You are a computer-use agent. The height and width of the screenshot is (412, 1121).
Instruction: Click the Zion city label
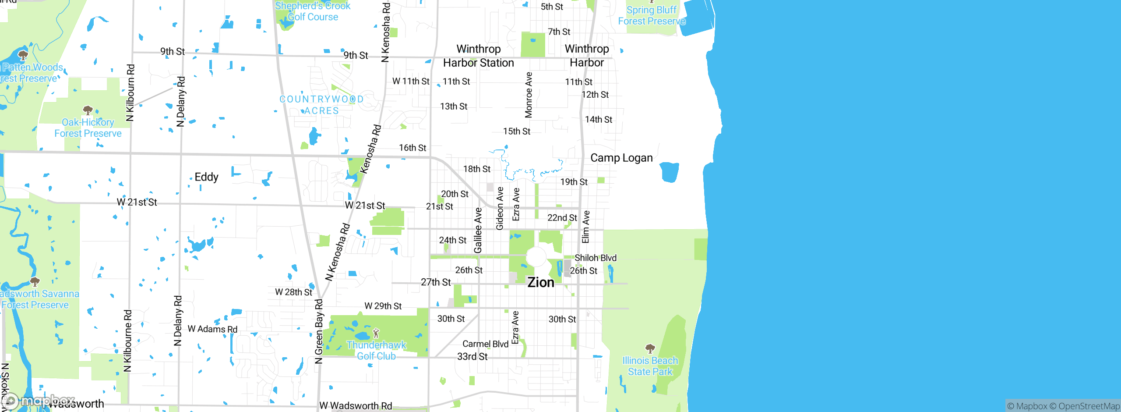541,283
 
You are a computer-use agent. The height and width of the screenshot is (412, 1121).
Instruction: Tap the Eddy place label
206,177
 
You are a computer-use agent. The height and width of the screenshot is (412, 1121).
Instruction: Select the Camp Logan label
621,158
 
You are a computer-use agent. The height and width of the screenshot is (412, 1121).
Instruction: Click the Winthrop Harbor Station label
478,56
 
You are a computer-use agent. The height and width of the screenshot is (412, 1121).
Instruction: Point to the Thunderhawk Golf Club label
377,351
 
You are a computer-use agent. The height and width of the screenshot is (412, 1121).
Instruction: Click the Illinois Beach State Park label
650,366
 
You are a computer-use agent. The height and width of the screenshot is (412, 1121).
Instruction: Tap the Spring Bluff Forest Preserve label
651,15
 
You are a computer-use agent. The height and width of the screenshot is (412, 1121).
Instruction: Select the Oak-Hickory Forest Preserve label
88,128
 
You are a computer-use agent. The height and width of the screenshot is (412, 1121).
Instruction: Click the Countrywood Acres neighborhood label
322,105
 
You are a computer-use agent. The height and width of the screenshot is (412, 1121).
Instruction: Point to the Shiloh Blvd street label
595,258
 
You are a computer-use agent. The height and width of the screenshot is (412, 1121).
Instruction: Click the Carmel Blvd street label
485,344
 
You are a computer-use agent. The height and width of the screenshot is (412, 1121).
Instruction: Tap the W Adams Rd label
212,329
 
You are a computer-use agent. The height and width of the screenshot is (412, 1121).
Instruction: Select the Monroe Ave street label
529,95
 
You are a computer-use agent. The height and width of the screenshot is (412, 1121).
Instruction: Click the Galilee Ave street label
478,231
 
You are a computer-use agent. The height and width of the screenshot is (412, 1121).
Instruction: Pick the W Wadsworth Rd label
356,406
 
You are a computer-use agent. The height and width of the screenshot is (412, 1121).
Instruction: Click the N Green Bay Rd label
319,331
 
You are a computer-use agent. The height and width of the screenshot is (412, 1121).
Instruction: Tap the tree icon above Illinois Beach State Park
650,348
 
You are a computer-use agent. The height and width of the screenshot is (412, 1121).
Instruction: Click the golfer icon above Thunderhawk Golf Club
376,333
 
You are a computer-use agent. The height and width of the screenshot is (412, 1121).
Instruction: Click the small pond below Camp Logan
669,172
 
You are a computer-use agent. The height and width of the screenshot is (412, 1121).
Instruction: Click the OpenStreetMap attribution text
1089,406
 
